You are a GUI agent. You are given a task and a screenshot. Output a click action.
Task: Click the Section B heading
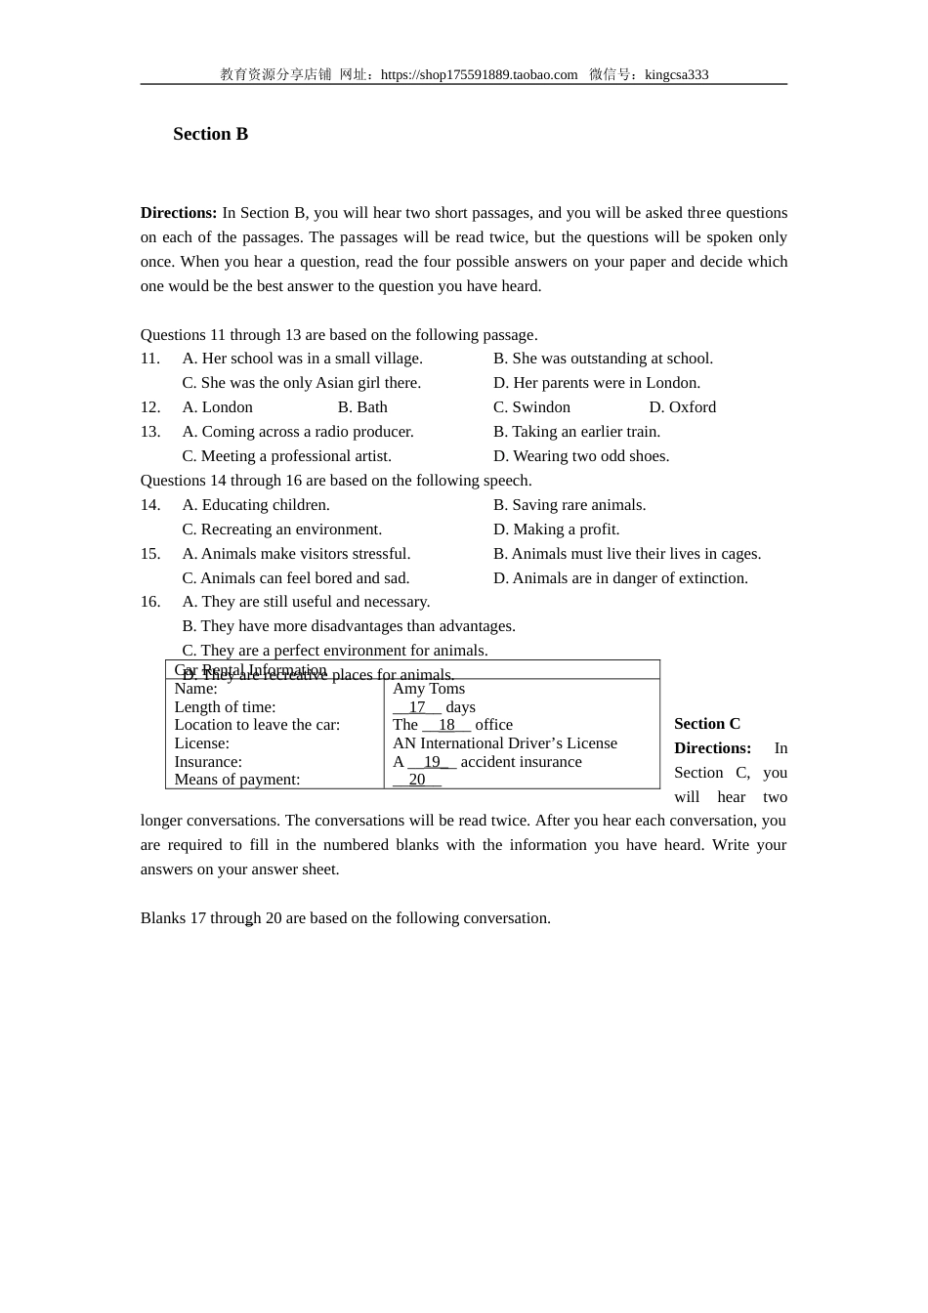click(210, 135)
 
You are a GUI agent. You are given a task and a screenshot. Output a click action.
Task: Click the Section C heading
click(707, 724)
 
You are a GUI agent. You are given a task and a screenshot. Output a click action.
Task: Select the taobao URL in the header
click(479, 74)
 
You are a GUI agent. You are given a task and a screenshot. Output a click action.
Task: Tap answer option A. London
click(217, 407)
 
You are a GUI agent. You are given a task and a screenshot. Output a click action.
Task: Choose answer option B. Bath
click(362, 407)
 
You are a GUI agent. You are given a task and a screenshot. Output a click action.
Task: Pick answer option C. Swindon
click(531, 407)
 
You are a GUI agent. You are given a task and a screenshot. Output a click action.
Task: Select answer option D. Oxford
click(682, 407)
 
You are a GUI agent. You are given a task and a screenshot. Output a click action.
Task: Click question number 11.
click(149, 359)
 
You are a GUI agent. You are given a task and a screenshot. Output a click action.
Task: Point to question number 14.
click(149, 505)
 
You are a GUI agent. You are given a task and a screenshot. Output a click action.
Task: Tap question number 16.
click(149, 602)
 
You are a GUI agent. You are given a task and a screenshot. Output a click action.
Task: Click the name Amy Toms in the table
click(429, 689)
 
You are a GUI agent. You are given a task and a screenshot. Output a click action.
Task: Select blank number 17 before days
click(417, 707)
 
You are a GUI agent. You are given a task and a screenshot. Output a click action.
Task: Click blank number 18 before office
click(446, 725)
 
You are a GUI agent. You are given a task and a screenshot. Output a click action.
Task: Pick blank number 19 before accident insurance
click(432, 762)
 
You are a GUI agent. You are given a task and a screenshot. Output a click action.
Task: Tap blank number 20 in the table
click(417, 780)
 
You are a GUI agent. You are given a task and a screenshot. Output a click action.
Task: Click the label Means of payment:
click(237, 780)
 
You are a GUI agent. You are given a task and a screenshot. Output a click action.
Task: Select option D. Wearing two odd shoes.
click(581, 456)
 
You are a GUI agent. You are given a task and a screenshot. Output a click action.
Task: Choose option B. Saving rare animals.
click(569, 505)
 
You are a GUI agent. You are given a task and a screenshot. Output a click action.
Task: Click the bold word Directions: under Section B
click(179, 213)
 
